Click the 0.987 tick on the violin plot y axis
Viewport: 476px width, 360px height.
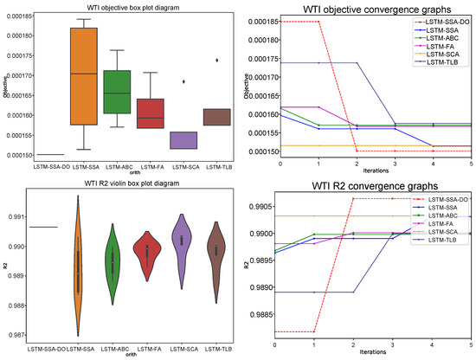[x=16, y=334]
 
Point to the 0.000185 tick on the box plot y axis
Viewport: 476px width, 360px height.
[x=18, y=16]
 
